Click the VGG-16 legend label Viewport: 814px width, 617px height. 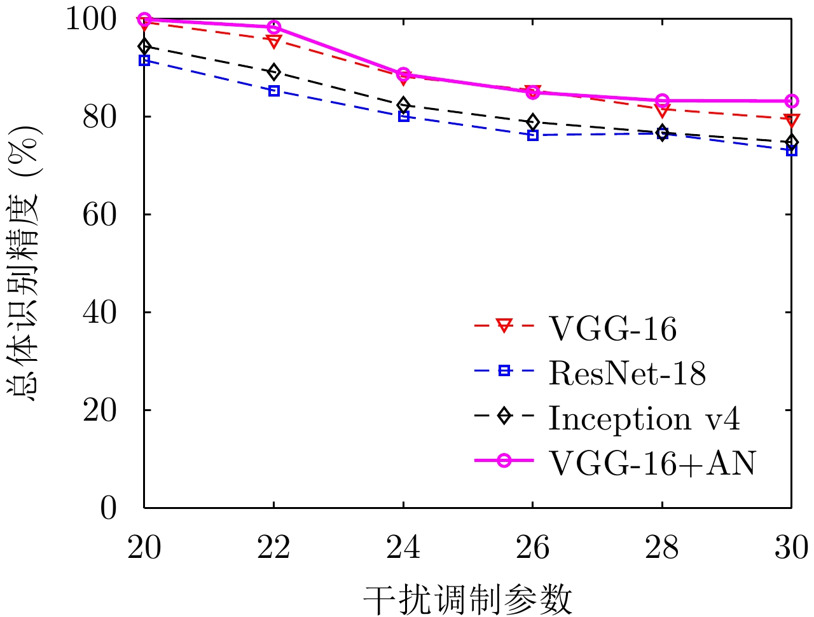pos(612,329)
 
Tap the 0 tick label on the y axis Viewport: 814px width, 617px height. pos(109,508)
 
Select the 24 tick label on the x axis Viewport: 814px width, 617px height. pos(403,547)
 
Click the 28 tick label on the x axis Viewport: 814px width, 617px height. pos(662,547)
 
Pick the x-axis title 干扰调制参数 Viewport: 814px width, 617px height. pos(468,599)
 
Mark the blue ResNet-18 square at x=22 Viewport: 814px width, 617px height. pos(274,91)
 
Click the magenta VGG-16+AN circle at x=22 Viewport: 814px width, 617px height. pos(274,27)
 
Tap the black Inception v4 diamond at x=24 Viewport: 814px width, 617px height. pos(403,105)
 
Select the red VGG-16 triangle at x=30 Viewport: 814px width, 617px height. pos(792,120)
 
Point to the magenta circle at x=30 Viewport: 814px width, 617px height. pos(792,101)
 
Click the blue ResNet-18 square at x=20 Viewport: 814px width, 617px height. pos(144,60)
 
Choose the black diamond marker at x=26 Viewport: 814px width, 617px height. pos(533,121)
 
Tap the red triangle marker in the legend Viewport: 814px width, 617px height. pos(504,326)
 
